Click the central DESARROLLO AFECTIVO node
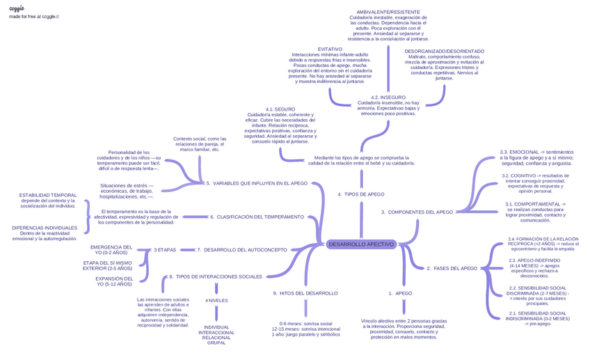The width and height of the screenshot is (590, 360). coord(360,244)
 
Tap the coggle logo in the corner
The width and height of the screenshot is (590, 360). coord(17,8)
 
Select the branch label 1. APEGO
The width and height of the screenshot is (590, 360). coord(400,293)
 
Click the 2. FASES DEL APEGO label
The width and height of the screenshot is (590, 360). coord(452,268)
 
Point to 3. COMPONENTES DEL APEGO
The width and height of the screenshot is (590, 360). coord(417,212)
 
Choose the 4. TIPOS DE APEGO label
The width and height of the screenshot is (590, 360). coord(360,194)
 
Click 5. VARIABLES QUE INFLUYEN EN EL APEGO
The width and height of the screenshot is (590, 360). coord(257,183)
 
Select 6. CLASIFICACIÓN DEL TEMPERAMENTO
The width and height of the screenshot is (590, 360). coord(257,217)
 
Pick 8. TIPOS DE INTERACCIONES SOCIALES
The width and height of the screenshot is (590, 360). coord(216,276)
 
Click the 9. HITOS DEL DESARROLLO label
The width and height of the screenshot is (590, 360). coord(305,293)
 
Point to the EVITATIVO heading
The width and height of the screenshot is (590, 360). coord(330,49)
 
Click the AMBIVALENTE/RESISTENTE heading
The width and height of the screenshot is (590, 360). coord(388,13)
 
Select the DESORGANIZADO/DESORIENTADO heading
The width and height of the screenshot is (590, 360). coord(444,52)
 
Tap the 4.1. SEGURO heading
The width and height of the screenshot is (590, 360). coord(280,109)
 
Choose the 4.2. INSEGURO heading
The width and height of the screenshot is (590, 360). coord(388,97)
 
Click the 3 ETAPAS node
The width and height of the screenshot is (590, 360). coord(165,249)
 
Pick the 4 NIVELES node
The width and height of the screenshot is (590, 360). coord(216,300)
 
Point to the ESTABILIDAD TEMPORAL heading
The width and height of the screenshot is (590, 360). coord(47,195)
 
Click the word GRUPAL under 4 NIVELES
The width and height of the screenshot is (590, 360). coord(216,343)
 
